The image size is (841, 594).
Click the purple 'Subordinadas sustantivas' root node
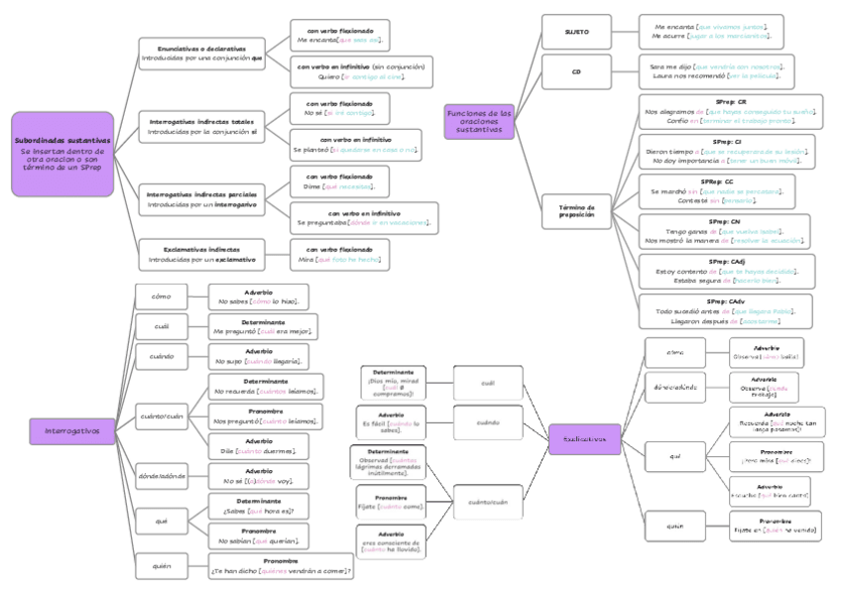click(x=62, y=154)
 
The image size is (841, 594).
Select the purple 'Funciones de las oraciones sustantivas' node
click(x=479, y=122)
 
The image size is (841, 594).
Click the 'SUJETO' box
click(x=576, y=32)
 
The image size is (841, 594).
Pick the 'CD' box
click(x=576, y=71)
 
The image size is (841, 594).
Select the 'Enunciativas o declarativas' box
click(x=201, y=54)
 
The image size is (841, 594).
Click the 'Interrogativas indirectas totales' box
click(x=201, y=126)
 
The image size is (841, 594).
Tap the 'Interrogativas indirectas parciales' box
click(x=201, y=200)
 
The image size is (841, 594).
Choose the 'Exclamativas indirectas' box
click(x=201, y=255)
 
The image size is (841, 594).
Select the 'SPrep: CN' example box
click(x=724, y=230)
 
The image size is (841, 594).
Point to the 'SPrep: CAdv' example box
click(x=724, y=310)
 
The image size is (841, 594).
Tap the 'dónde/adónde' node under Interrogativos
click(x=162, y=476)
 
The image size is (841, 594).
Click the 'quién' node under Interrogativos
click(x=162, y=565)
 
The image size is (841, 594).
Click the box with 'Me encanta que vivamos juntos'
click(x=711, y=31)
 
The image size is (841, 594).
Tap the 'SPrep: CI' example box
click(x=724, y=151)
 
